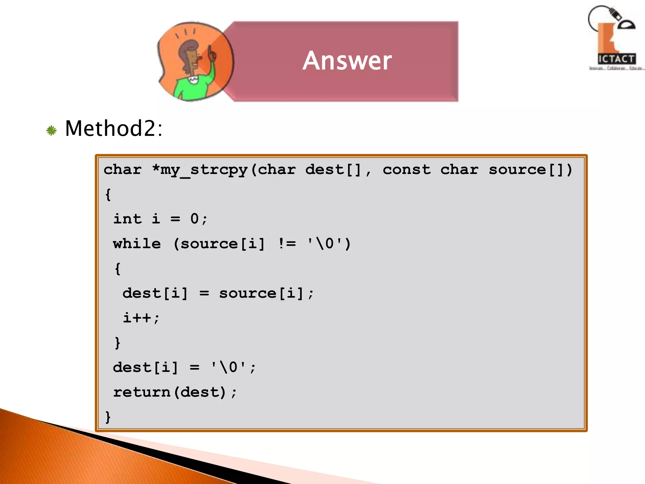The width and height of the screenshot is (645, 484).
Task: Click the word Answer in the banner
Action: click(347, 60)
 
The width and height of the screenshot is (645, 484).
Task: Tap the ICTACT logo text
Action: click(616, 59)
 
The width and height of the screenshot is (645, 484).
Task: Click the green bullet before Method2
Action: click(51, 130)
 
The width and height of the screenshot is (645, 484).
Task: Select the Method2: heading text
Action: click(114, 129)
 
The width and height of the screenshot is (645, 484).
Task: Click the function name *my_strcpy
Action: click(200, 170)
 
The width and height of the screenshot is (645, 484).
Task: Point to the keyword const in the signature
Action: click(407, 170)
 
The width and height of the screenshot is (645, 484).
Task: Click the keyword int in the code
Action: click(127, 219)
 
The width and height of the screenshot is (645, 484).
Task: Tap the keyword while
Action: click(137, 244)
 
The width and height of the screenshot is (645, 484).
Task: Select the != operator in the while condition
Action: click(287, 244)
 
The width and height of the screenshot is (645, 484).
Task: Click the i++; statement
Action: click(141, 318)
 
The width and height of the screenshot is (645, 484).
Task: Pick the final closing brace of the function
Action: click(108, 417)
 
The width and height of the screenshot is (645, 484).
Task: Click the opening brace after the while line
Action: click(117, 268)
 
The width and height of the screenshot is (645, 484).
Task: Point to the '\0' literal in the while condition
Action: click(325, 244)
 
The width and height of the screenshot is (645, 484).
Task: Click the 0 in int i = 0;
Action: click(195, 219)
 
